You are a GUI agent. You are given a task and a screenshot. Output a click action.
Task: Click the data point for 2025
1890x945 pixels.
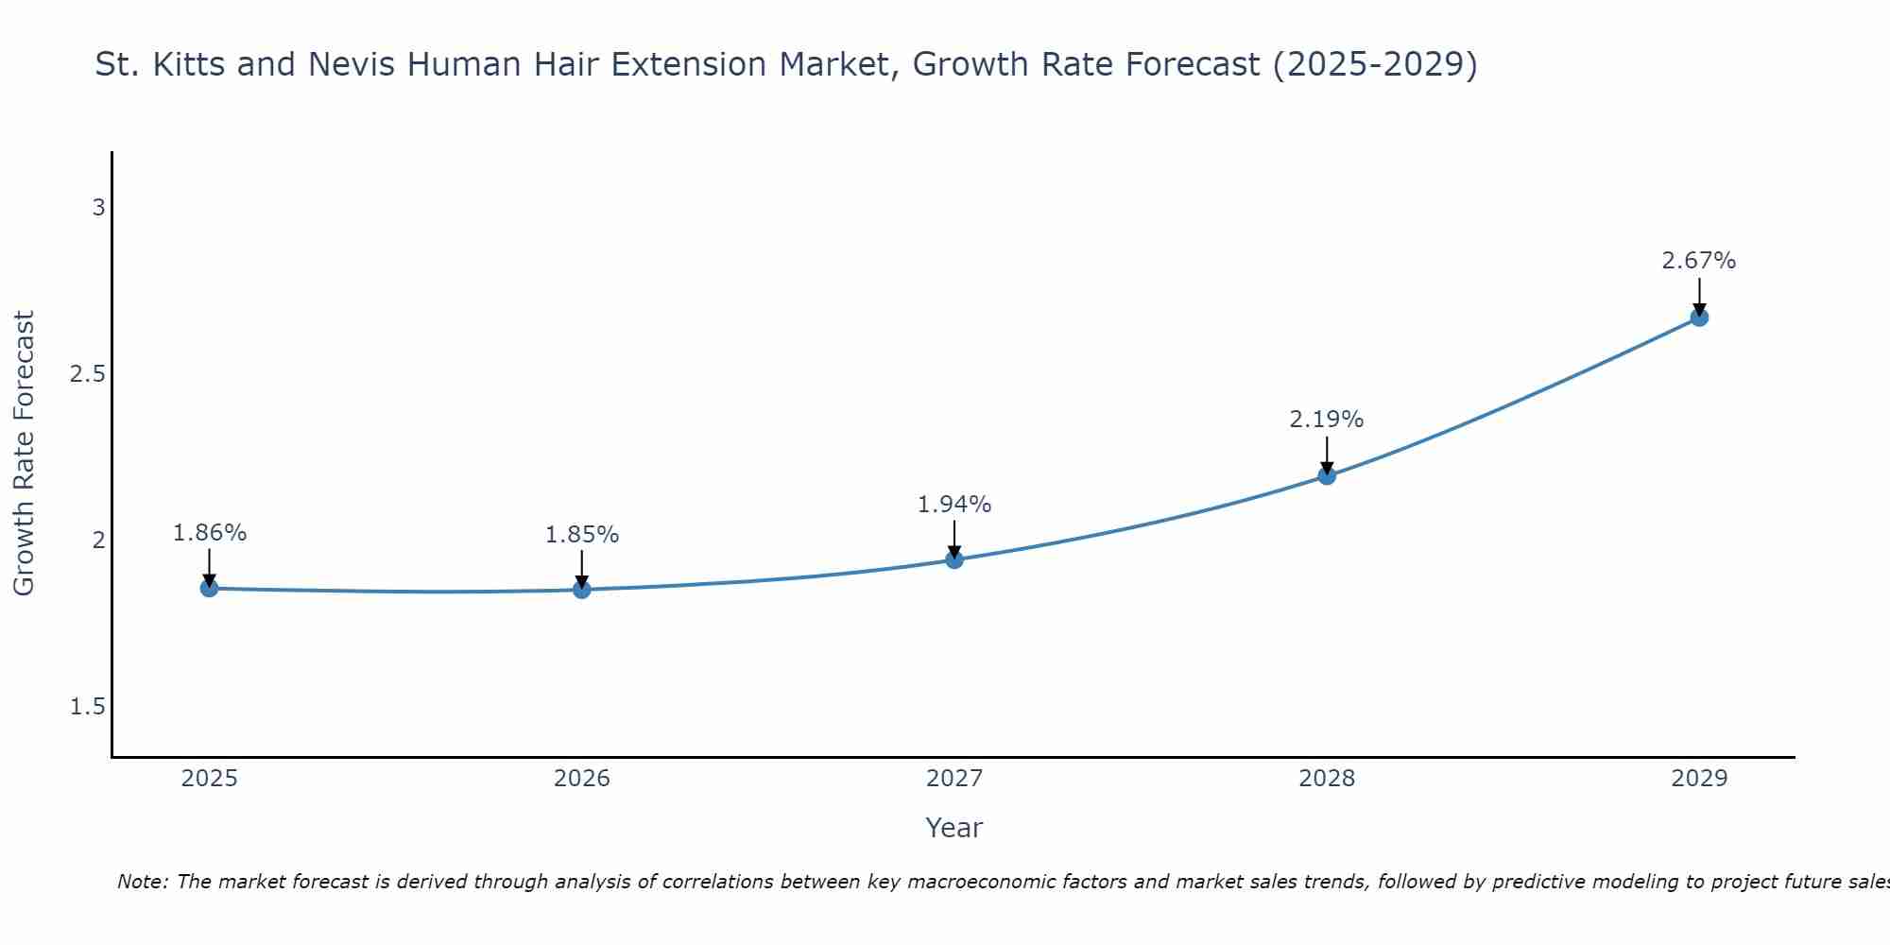(x=209, y=588)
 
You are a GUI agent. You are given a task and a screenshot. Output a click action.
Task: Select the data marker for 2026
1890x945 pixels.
(x=582, y=590)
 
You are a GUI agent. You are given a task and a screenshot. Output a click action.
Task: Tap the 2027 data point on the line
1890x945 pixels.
(x=954, y=559)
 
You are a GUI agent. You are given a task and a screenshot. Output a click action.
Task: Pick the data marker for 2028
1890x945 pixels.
(x=1327, y=475)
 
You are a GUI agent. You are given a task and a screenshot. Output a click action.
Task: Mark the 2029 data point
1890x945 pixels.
(x=1699, y=318)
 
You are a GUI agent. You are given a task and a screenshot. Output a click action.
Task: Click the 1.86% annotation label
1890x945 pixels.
(x=209, y=533)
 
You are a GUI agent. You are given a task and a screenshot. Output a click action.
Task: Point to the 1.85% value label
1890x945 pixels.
(x=582, y=535)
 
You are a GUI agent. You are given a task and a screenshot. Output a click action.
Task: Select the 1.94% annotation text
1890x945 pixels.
(x=954, y=505)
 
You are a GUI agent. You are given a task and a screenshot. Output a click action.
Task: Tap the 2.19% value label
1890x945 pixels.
(x=1327, y=420)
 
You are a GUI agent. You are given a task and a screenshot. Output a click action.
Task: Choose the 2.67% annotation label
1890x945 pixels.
(x=1699, y=261)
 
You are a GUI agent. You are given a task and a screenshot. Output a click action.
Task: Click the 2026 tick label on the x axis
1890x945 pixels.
(x=582, y=779)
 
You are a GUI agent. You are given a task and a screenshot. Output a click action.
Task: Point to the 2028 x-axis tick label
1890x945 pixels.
(x=1327, y=779)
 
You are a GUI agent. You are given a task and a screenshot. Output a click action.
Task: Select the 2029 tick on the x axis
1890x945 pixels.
(x=1699, y=779)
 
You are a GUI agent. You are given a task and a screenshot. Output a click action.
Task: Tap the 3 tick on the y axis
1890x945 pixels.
(x=98, y=207)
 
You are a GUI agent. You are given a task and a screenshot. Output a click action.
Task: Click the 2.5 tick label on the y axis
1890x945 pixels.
(x=88, y=374)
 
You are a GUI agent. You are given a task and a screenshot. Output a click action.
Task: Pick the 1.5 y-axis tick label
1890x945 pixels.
(x=88, y=707)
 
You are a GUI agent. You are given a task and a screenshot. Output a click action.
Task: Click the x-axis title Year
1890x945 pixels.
(x=954, y=828)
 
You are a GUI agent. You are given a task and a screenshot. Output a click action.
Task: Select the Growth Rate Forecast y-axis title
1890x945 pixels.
(x=24, y=454)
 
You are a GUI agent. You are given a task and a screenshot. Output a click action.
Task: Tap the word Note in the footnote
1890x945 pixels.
(x=141, y=882)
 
